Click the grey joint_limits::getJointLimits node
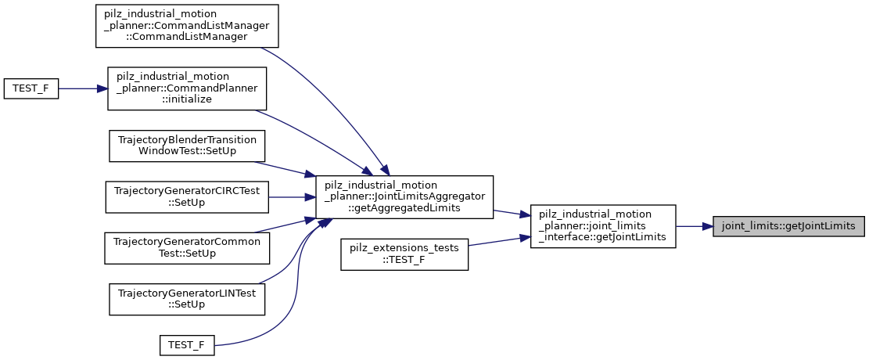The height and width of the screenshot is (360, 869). [788, 226]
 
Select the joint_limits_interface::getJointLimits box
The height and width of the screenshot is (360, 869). [602, 226]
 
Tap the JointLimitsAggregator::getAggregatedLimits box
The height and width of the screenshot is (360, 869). [404, 196]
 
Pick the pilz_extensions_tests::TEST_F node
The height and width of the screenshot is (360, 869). [404, 256]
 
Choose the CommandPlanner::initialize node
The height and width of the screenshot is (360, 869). [188, 88]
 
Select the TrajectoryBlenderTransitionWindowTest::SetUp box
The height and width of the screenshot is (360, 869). [188, 146]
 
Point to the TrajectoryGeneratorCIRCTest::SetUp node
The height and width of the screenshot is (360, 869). [188, 196]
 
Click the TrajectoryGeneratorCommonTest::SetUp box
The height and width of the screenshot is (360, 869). [188, 247]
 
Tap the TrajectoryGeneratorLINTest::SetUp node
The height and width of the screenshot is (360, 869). [188, 299]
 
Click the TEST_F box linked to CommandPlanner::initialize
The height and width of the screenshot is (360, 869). [31, 88]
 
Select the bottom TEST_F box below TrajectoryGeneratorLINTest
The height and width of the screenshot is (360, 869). [187, 344]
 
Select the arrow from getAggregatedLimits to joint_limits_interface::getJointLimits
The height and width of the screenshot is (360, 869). [512, 214]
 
